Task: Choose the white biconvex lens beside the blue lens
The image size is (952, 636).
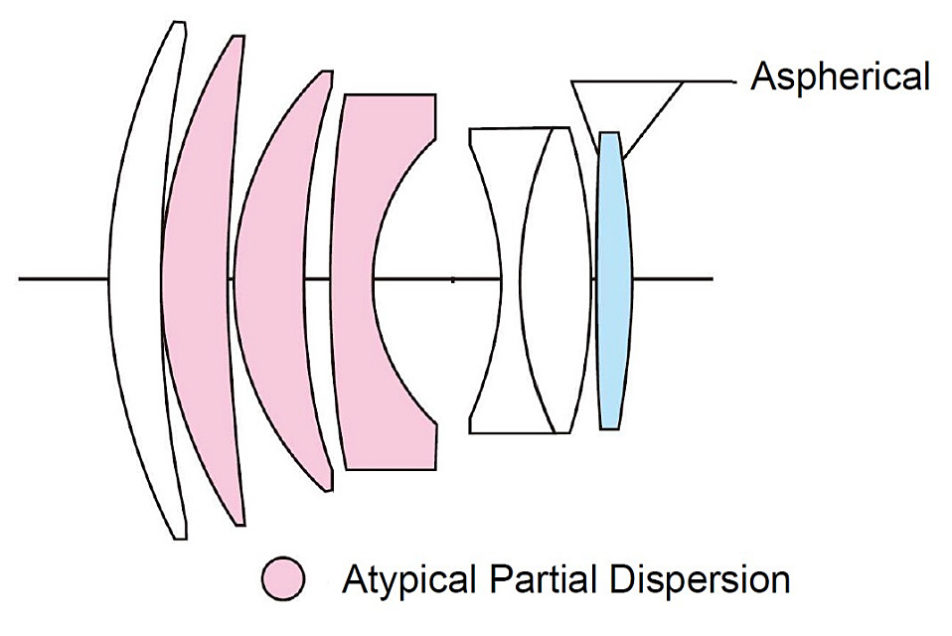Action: click(552, 278)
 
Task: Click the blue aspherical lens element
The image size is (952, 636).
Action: click(612, 278)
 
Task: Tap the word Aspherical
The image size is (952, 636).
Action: click(840, 77)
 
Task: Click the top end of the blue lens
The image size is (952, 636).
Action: click(608, 134)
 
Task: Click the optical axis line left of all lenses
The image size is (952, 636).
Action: click(60, 278)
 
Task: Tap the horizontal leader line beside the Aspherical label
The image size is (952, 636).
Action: click(711, 81)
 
